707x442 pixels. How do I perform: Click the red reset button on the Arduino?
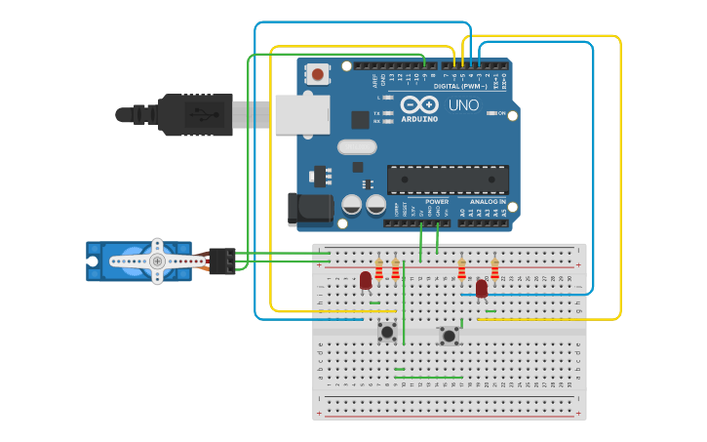318,73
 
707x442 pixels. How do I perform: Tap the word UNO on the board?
463,105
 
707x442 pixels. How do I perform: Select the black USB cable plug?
195,114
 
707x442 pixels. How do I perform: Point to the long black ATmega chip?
448,180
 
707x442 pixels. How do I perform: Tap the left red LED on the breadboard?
366,280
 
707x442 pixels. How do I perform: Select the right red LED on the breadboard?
481,288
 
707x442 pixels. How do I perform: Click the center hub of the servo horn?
156,261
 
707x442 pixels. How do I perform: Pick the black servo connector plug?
222,261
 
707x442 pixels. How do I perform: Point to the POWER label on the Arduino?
437,202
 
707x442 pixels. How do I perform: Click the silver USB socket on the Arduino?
301,114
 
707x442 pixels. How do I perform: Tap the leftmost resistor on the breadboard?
379,269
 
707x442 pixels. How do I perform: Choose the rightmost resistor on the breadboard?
494,269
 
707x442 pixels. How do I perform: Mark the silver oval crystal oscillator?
357,147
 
